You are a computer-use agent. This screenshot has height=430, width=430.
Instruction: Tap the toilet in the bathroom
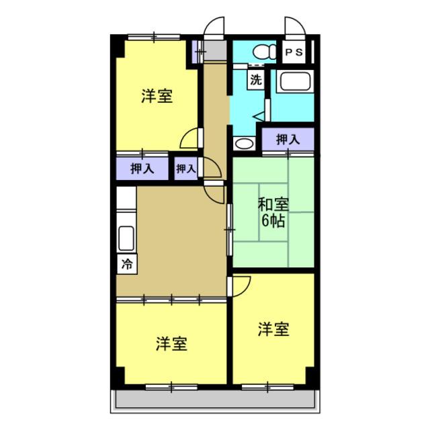264,51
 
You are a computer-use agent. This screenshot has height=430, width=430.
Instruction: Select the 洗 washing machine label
256,79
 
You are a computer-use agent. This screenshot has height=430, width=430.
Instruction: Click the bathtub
294,83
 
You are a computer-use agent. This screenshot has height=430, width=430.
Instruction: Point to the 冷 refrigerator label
126,264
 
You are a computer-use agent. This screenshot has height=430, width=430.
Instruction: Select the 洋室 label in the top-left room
157,97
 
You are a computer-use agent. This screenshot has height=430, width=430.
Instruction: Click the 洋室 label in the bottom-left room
171,344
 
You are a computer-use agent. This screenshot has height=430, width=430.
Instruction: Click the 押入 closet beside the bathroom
288,140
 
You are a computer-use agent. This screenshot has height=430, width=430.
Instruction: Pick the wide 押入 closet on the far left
142,168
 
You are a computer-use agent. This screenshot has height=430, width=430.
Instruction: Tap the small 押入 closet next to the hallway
185,169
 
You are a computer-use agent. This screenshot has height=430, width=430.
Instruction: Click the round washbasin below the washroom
242,143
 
